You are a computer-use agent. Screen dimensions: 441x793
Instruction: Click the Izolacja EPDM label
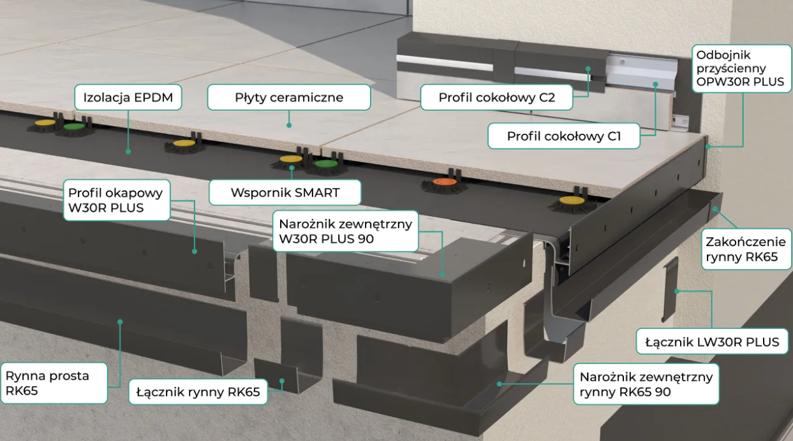click(128, 98)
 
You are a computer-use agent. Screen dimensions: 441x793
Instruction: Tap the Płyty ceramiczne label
click(289, 98)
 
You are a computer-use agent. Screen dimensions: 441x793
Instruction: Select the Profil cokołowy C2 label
click(496, 98)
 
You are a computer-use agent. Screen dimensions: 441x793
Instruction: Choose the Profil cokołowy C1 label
click(563, 136)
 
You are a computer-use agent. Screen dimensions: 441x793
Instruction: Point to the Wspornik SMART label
click(285, 192)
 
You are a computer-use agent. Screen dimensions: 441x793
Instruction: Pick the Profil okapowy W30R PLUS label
click(115, 199)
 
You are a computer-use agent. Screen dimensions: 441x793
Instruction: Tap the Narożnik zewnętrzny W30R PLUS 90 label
click(345, 231)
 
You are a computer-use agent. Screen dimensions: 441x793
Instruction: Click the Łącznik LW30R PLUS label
click(711, 342)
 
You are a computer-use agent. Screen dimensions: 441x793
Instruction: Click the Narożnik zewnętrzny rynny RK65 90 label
click(646, 384)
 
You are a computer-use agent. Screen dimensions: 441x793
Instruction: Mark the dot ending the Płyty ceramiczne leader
click(289, 126)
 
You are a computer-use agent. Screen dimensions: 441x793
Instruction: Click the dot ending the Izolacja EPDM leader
click(128, 152)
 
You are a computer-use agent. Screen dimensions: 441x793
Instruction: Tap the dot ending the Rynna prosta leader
click(119, 322)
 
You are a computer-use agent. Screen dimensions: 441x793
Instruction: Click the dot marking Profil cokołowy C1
click(655, 83)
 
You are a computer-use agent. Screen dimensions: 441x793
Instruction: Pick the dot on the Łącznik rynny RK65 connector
click(283, 380)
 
